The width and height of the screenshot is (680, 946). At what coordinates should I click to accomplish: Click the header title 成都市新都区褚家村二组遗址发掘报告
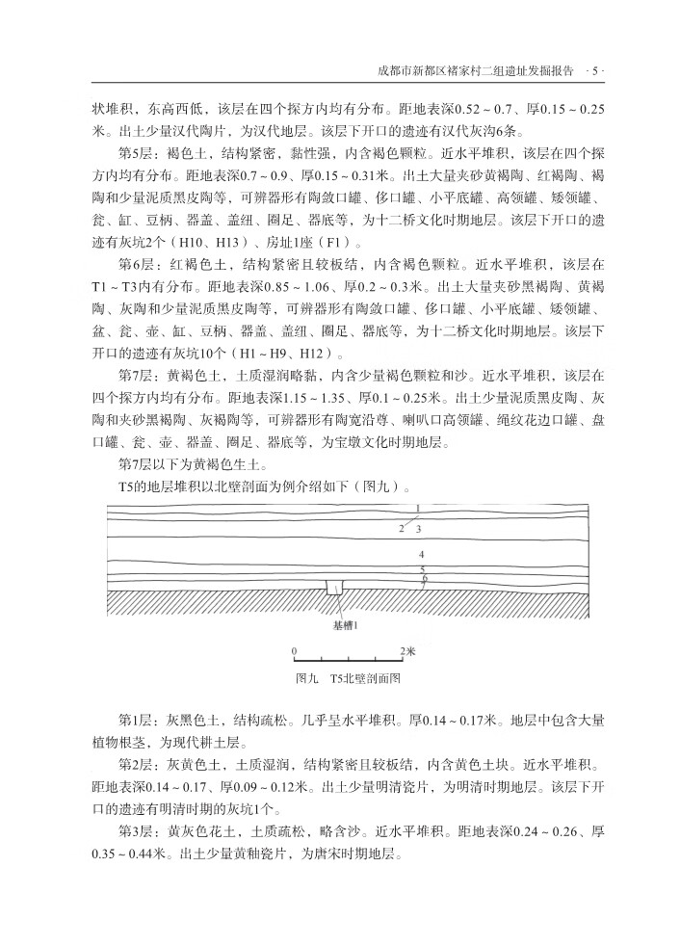click(x=480, y=70)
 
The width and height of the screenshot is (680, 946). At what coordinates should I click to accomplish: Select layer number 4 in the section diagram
click(x=421, y=556)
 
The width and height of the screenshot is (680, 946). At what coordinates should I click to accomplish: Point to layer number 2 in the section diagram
click(x=401, y=529)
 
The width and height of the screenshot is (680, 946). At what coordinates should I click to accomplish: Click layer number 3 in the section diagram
click(x=419, y=529)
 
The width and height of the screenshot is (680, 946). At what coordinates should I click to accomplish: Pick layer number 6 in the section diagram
click(x=424, y=578)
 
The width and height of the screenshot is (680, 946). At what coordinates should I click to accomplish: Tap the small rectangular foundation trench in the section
click(x=334, y=587)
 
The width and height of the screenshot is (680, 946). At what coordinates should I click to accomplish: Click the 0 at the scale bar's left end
click(x=295, y=651)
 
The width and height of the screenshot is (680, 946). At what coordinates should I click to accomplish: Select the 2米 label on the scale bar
click(x=408, y=651)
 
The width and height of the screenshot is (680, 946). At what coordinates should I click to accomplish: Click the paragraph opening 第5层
click(x=134, y=153)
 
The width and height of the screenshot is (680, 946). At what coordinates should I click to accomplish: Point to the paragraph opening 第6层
click(x=134, y=263)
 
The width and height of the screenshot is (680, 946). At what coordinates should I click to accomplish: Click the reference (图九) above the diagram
click(x=371, y=485)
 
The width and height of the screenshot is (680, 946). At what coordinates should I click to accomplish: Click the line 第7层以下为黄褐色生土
click(x=185, y=462)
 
